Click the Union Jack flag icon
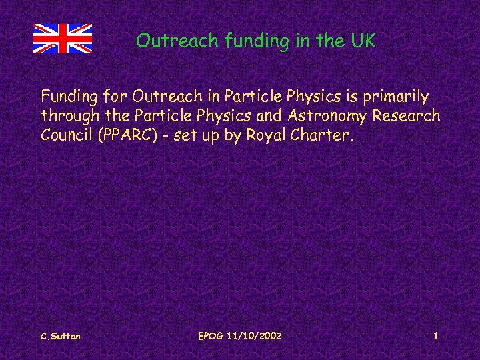[63, 38]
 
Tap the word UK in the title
[363, 41]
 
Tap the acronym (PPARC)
[126, 135]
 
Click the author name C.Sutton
[60, 336]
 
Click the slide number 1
[435, 336]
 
